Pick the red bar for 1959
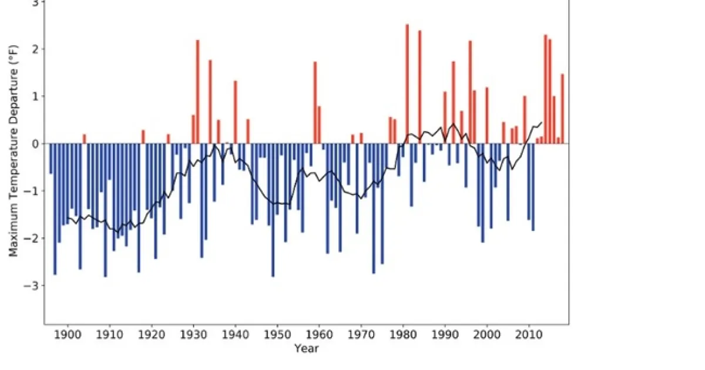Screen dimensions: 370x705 coord(315,102)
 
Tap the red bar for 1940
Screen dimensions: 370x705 coord(235,112)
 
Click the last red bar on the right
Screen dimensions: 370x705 coord(562,109)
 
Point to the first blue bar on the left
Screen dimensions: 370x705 coord(51,159)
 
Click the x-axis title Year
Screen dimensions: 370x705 coord(306,349)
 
